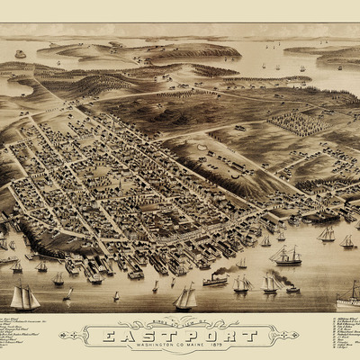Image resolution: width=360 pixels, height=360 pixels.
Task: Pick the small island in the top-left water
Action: (20, 54)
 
